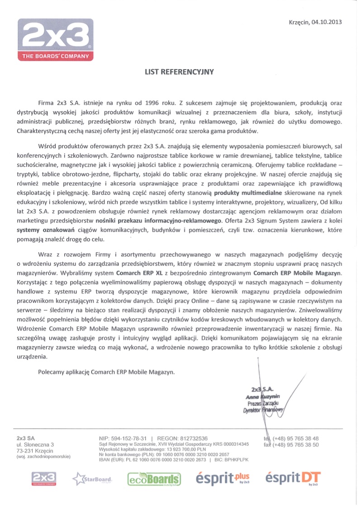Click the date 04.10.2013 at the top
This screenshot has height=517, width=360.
pos(325,22)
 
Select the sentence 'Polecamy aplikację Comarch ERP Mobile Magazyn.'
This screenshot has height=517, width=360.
pos(106,372)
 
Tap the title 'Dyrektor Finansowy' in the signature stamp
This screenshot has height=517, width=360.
pos(262,410)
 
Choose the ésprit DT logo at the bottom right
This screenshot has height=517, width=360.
pos(294,478)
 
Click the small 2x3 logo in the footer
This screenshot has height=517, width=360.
pos(43,478)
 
